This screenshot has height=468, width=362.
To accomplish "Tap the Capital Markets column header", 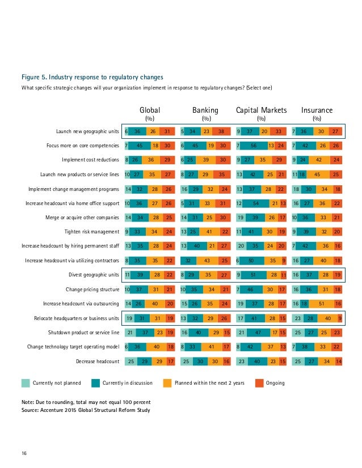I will tap(261, 110).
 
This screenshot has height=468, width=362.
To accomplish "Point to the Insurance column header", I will tap(317, 110).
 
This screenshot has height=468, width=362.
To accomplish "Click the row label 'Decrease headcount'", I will tap(98, 360).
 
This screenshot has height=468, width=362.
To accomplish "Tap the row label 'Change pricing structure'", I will tap(91, 289).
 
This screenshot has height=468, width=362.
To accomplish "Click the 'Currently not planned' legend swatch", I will tap(26, 382).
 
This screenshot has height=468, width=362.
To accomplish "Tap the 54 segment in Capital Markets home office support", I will tap(258, 203).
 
